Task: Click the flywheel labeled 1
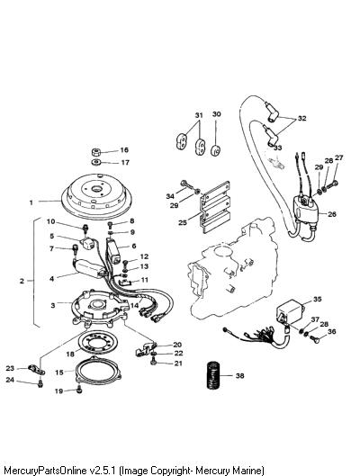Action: (x=96, y=195)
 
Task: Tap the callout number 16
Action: (x=124, y=149)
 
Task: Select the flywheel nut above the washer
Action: (x=96, y=152)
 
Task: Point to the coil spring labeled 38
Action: (x=213, y=375)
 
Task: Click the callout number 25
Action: (x=183, y=222)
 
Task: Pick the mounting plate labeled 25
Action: (x=215, y=206)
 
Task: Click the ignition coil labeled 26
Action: (x=307, y=211)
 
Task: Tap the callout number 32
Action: (x=302, y=118)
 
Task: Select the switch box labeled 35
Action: (x=291, y=312)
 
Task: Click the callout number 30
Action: (x=216, y=114)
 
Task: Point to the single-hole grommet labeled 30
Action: (x=216, y=150)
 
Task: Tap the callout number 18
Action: (x=70, y=354)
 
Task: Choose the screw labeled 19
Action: (x=79, y=390)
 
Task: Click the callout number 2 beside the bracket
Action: (x=22, y=281)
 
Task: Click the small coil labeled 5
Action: (x=86, y=243)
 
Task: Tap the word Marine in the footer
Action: (x=247, y=471)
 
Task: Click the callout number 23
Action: (x=10, y=368)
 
